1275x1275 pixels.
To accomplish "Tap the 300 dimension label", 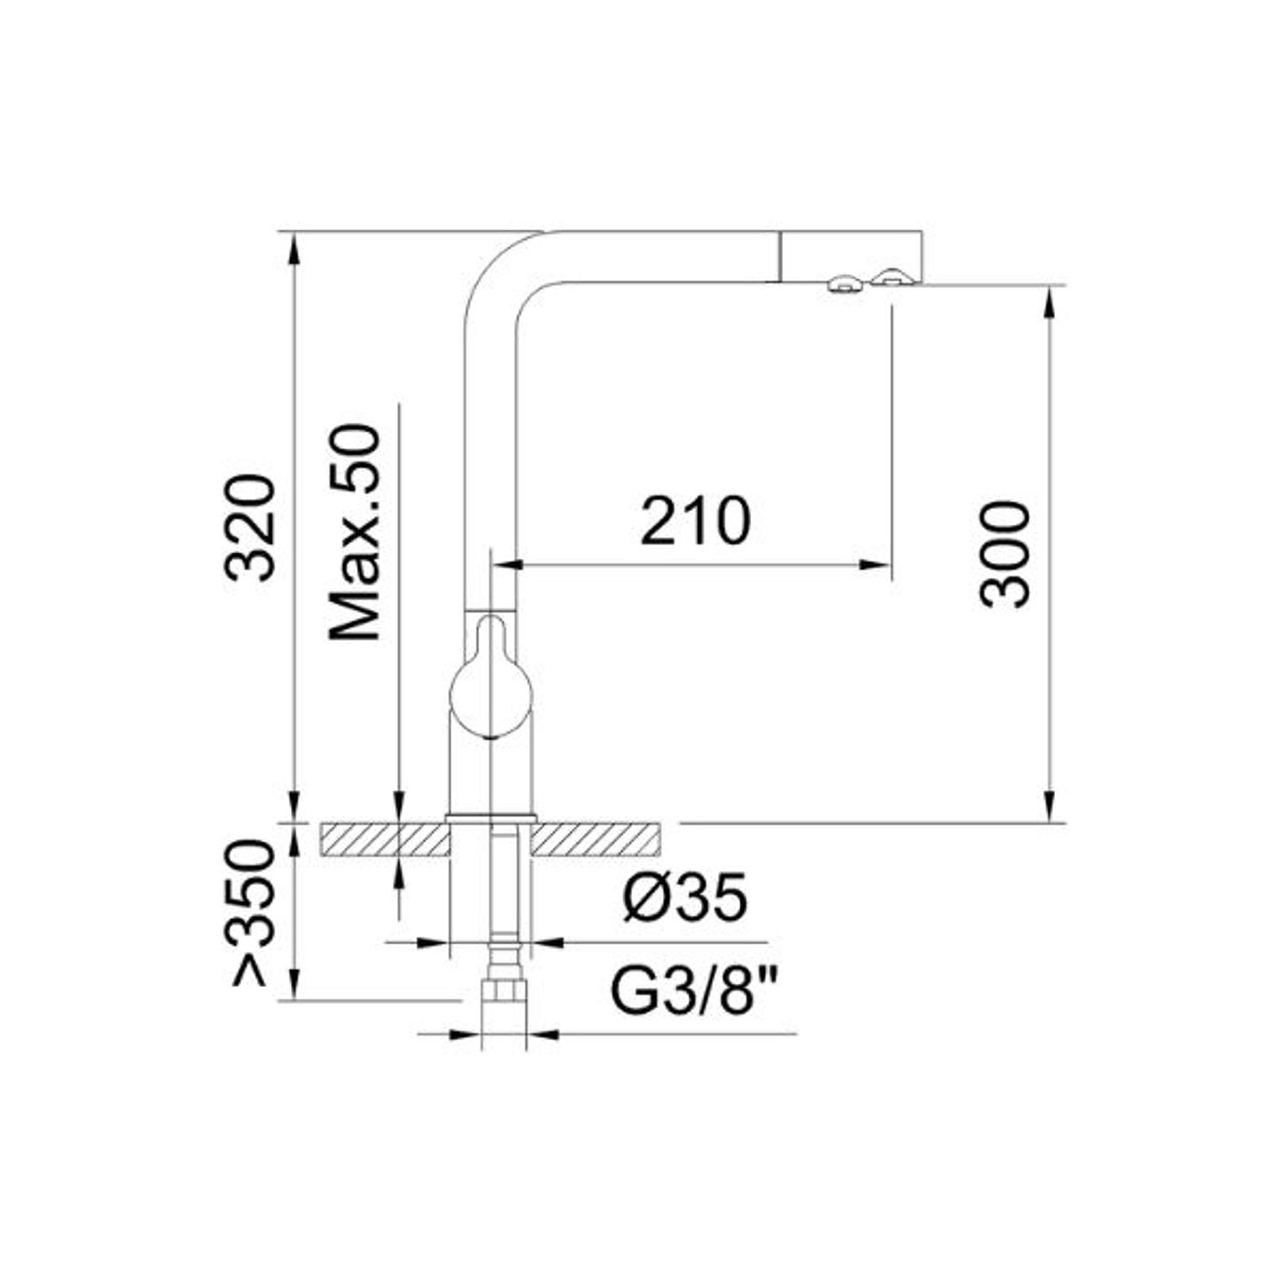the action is (x=1005, y=554).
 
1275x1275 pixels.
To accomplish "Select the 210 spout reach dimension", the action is (x=695, y=521).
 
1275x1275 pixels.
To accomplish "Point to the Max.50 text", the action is (x=356, y=533).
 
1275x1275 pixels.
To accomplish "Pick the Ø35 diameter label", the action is (x=684, y=898).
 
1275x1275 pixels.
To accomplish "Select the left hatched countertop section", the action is (x=385, y=841).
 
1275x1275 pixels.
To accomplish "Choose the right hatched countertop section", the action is (x=596, y=841).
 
